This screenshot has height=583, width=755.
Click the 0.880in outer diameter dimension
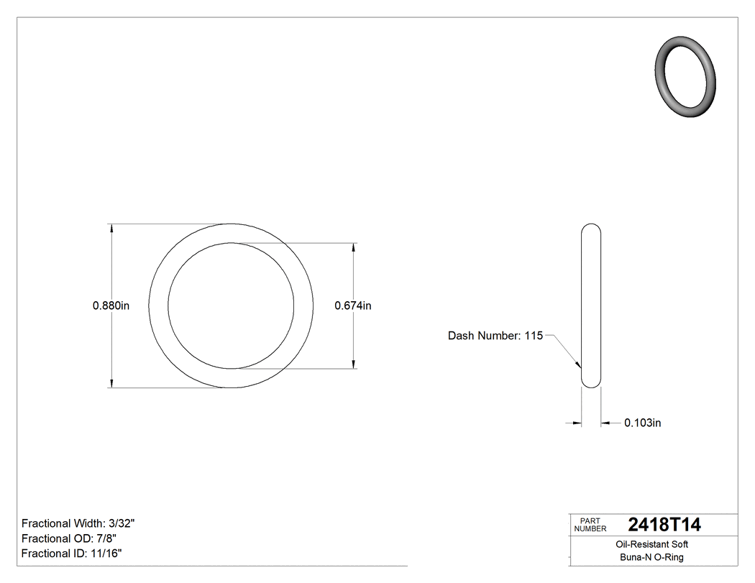pos(111,306)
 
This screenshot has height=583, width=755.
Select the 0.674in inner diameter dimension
pos(353,306)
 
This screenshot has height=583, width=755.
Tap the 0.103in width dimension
pos(642,423)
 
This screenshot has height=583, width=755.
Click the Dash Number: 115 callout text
pos(495,336)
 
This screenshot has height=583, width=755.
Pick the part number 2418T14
pos(664,525)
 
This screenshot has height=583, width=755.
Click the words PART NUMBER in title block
pos(591,525)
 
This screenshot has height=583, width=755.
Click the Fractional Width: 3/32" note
pos(78,523)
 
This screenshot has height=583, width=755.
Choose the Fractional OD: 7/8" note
pos(69,538)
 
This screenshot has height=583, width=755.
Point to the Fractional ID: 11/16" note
pos(71,554)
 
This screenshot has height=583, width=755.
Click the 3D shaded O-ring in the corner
pos(686,76)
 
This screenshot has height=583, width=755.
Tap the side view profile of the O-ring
pos(590,306)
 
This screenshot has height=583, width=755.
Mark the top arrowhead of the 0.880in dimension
pos(111,229)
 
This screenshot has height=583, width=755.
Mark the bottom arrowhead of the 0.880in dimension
pos(111,383)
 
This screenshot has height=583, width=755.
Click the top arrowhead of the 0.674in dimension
pos(353,248)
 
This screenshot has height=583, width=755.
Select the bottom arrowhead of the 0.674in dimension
pos(353,364)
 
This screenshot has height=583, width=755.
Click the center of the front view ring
pos(231,306)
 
